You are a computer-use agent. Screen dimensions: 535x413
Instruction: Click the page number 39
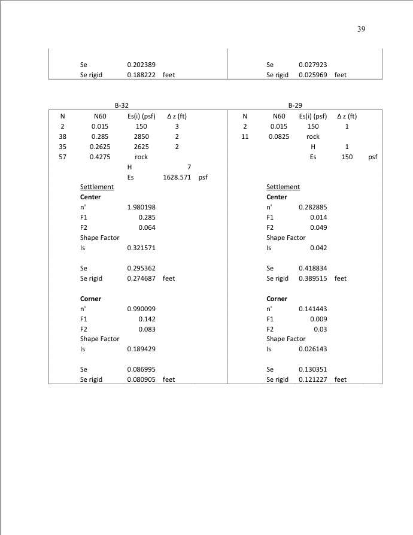coord(361,29)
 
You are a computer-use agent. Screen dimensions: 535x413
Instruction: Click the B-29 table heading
coord(295,105)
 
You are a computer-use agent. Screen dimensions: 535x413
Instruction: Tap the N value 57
coord(62,157)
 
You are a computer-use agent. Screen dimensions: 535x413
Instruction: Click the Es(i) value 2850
coord(141,136)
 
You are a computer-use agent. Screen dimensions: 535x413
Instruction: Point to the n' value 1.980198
coord(141,207)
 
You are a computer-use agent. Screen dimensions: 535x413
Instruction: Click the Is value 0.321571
coord(141,248)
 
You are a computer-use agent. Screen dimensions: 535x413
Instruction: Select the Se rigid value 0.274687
coord(141,278)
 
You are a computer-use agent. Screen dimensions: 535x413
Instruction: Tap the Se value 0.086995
coord(141,369)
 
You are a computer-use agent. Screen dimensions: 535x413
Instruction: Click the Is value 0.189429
coord(141,349)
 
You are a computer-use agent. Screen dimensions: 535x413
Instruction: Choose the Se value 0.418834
coord(312,268)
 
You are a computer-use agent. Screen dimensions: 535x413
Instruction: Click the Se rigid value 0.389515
coord(312,278)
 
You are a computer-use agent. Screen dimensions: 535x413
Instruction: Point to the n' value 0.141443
coord(312,309)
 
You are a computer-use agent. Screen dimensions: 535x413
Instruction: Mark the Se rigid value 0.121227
coord(312,379)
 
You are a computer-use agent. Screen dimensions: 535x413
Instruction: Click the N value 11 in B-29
coord(245,136)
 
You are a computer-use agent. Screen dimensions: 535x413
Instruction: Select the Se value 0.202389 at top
coord(141,65)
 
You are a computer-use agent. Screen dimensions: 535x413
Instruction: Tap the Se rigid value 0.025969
coord(312,75)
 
